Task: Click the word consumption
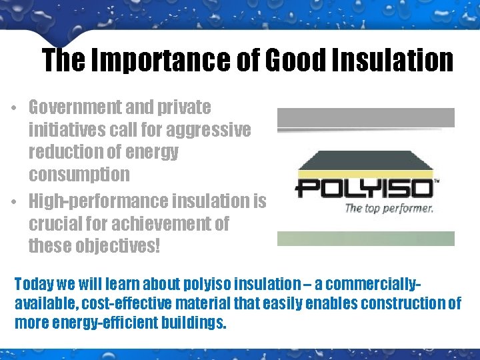click(x=79, y=175)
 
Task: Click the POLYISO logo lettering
click(x=363, y=189)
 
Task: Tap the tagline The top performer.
click(x=389, y=208)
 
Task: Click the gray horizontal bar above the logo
click(x=365, y=118)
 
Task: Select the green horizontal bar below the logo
click(x=365, y=239)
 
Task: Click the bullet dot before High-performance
click(x=14, y=202)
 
